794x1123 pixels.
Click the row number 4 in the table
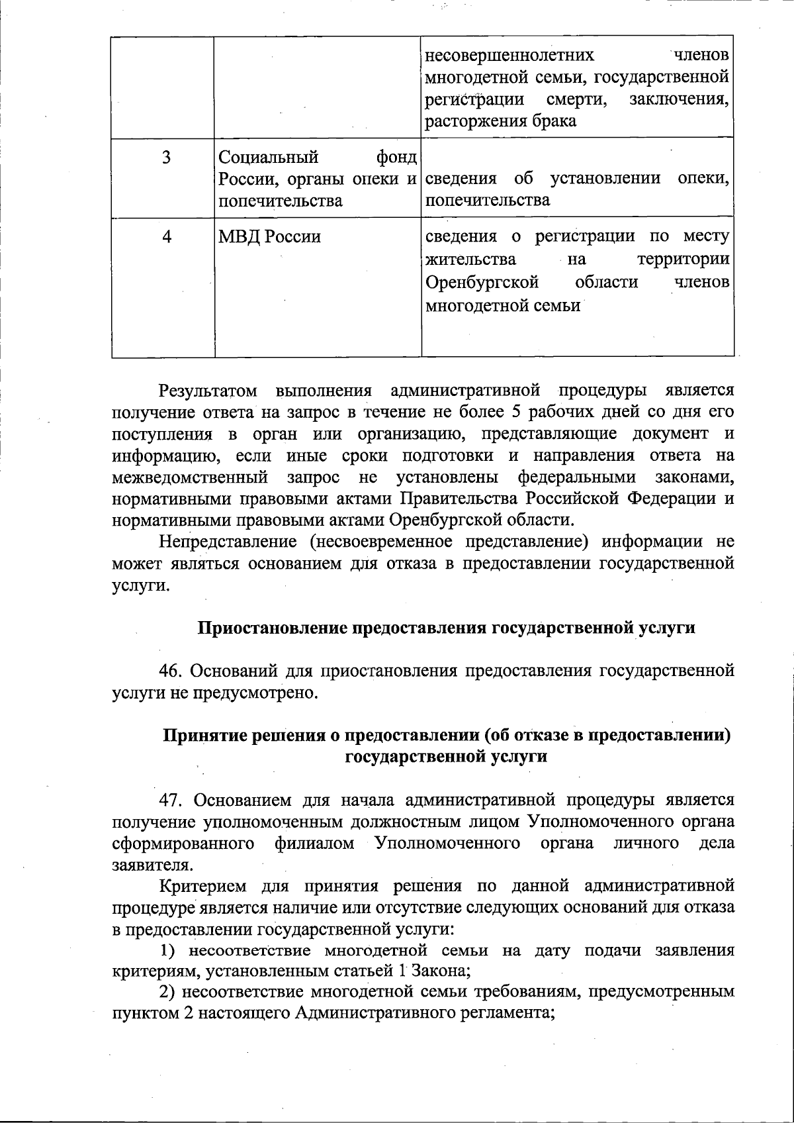(x=167, y=236)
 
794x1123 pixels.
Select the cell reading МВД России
(x=269, y=237)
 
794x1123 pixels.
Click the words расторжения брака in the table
(x=500, y=121)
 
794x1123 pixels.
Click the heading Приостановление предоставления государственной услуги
(x=447, y=628)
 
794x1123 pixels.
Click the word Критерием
(x=202, y=886)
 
